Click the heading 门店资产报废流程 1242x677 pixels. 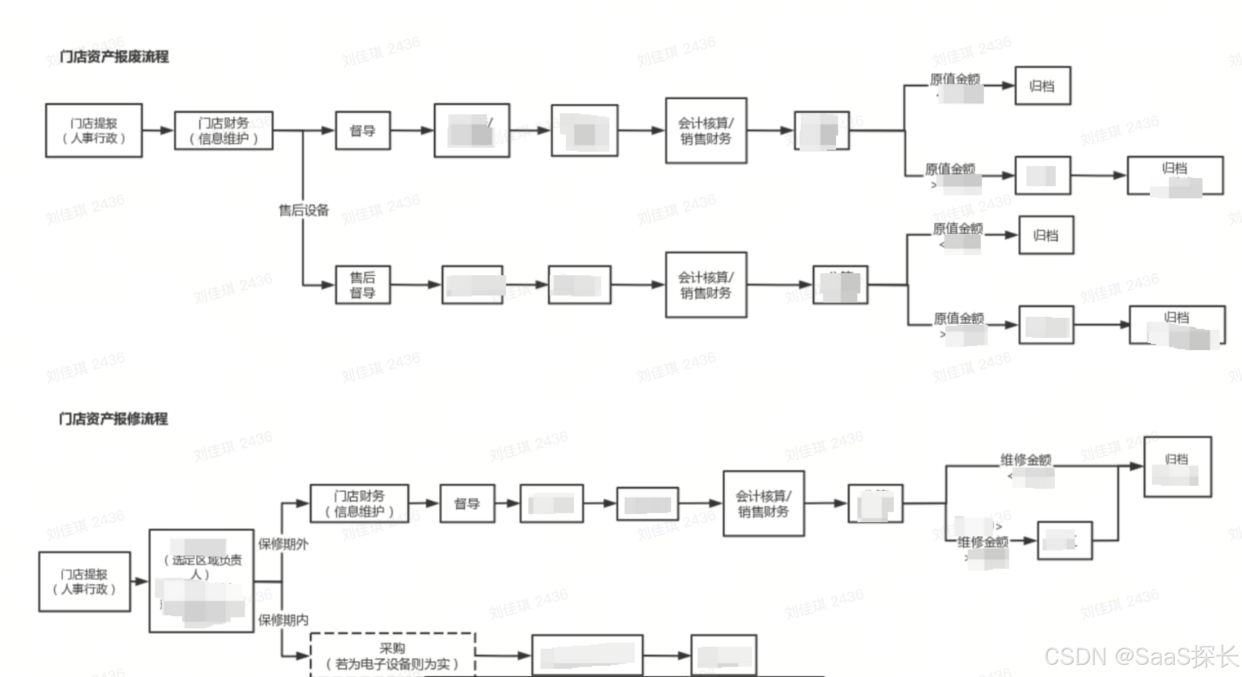114,56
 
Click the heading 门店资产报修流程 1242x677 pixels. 113,418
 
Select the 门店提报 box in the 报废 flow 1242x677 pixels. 94,131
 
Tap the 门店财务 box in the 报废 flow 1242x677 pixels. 224,131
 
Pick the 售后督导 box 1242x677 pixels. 363,285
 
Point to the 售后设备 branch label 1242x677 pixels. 304,210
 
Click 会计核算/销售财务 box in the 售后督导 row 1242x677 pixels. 706,285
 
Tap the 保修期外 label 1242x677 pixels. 283,544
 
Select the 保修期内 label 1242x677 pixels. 283,620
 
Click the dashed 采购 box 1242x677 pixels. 393,656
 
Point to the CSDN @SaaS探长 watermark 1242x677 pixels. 1141,657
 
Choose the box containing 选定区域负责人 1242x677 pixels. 201,581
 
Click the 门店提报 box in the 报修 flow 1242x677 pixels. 85,581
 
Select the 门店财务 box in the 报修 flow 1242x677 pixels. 359,503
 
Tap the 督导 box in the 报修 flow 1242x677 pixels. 467,503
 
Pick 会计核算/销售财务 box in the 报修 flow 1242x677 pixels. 763,503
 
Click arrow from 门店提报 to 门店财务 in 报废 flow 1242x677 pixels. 158,131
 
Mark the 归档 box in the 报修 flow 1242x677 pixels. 1177,467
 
